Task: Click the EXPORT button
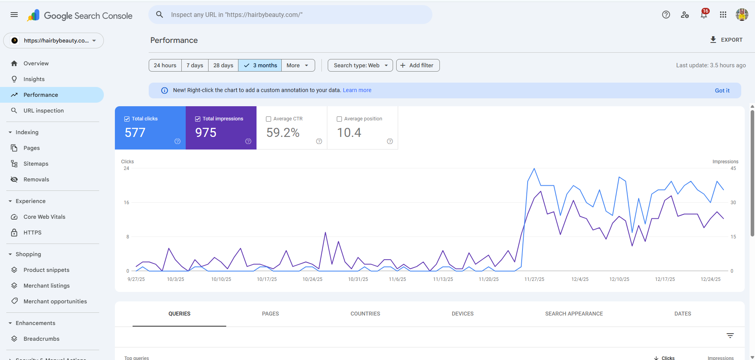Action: [726, 40]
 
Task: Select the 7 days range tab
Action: [195, 65]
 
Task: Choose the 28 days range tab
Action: [223, 65]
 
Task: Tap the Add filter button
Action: [417, 65]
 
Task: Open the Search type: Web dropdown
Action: [360, 65]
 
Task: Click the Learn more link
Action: [357, 90]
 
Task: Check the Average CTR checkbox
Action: [269, 119]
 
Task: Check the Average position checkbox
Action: [340, 119]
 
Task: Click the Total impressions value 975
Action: [206, 133]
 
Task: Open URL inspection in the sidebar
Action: [43, 111]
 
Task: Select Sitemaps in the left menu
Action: [36, 164]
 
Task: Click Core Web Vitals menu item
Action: [44, 217]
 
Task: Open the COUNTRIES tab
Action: [365, 314]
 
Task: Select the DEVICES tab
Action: [462, 314]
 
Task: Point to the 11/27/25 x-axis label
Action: [534, 279]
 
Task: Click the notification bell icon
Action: [704, 15]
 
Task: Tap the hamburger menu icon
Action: [14, 15]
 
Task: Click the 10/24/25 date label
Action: [312, 279]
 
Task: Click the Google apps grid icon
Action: [723, 15]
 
